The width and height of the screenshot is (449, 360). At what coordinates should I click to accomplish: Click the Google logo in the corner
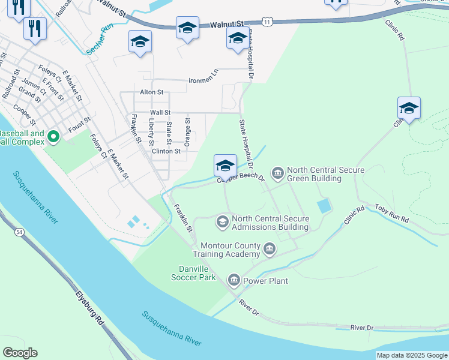[x=20, y=353]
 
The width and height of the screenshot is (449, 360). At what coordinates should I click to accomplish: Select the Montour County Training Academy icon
[x=270, y=248]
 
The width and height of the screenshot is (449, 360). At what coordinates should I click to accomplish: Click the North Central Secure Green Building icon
[x=278, y=173]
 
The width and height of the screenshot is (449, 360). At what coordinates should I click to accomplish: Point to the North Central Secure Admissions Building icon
[x=223, y=221]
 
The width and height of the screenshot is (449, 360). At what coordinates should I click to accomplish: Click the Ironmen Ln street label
[x=203, y=80]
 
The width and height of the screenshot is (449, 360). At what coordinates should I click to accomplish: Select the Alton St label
[x=151, y=92]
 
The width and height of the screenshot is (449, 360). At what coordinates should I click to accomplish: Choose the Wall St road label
[x=160, y=112]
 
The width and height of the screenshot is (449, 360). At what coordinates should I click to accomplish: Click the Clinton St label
[x=166, y=151]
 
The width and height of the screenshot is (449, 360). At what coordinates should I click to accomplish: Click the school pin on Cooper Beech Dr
[x=225, y=165]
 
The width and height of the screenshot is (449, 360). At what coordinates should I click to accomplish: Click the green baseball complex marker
[x=53, y=137]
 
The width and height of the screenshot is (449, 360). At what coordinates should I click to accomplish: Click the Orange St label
[x=187, y=132]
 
